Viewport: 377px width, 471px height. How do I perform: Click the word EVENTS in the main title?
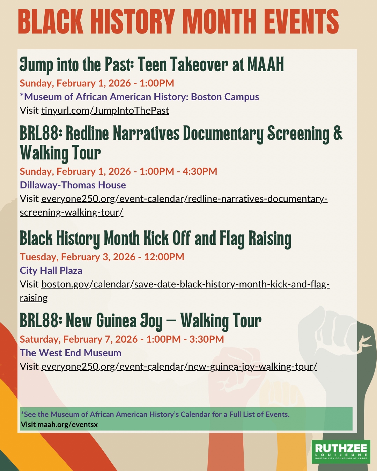pyautogui.click(x=303, y=21)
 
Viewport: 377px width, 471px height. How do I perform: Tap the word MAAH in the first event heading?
pyautogui.click(x=266, y=64)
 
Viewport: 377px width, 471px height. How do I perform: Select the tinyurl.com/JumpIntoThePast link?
pyautogui.click(x=105, y=111)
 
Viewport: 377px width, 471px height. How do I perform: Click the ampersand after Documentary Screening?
pyautogui.click(x=338, y=133)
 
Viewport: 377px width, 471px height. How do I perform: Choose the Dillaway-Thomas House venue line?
pyautogui.click(x=73, y=185)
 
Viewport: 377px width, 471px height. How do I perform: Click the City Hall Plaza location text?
pyautogui.click(x=51, y=271)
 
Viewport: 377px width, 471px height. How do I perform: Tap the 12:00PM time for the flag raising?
pyautogui.click(x=164, y=257)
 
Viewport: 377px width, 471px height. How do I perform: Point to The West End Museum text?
pyautogui.click(x=71, y=353)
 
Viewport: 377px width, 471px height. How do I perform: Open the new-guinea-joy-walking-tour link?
pyautogui.click(x=179, y=367)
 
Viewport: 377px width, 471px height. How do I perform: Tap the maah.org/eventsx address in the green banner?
pyautogui.click(x=68, y=425)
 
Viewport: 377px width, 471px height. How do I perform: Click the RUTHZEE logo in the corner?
pyautogui.click(x=341, y=452)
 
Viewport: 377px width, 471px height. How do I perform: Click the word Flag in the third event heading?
pyautogui.click(x=232, y=239)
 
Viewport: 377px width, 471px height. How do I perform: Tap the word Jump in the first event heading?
pyautogui.click(x=36, y=65)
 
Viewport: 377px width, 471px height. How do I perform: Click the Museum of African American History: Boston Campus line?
pyautogui.click(x=140, y=97)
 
